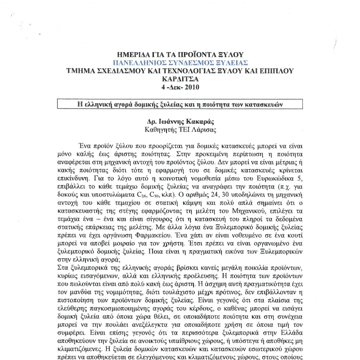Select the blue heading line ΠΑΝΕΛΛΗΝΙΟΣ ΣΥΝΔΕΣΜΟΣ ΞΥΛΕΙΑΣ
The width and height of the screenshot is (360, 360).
pyautogui.click(x=180, y=63)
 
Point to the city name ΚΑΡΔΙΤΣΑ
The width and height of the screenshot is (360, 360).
pyautogui.click(x=180, y=79)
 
